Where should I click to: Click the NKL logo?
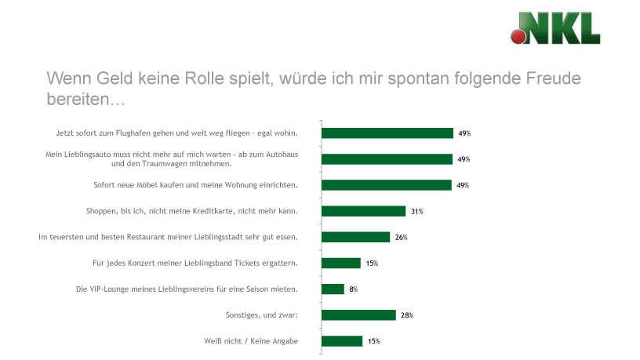(x=555, y=28)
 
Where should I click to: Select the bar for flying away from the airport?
(x=387, y=133)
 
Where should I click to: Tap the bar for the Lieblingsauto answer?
(x=387, y=159)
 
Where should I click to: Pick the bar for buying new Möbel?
(x=387, y=185)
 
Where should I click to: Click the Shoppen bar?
(x=364, y=211)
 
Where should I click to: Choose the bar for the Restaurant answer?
(x=356, y=237)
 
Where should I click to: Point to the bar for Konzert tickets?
(x=342, y=263)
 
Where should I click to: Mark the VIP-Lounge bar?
(x=333, y=289)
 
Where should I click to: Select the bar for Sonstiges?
(x=359, y=315)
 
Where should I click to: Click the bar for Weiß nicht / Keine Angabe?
(x=343, y=340)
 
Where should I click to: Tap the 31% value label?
(x=416, y=211)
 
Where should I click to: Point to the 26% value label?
(x=401, y=237)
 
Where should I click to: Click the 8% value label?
(x=354, y=289)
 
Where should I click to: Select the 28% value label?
(x=406, y=315)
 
